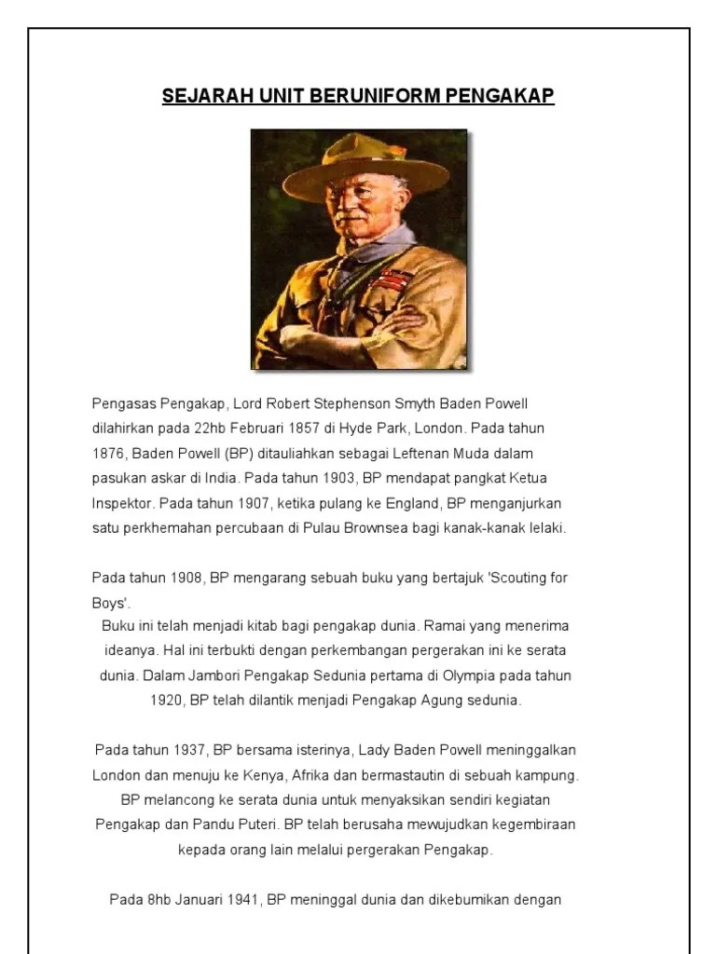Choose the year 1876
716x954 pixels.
(109, 454)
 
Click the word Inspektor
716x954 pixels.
(122, 504)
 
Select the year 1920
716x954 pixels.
(167, 700)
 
